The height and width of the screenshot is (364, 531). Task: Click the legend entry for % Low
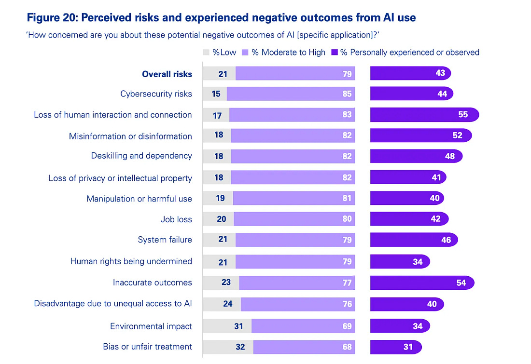(220, 52)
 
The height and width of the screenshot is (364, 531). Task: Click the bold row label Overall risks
(167, 74)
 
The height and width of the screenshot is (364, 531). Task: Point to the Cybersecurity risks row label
(156, 94)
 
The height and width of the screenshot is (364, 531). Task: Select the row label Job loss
(176, 219)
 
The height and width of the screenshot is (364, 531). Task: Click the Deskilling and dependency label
(141, 156)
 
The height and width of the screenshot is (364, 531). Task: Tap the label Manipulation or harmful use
(139, 199)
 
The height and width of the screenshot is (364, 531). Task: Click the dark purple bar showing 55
(424, 115)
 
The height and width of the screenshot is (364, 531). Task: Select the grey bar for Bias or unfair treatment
(227, 347)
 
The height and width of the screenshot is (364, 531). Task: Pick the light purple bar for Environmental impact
(303, 326)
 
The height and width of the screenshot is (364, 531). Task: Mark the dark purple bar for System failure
(413, 240)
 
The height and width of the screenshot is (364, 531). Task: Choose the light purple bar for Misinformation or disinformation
(293, 135)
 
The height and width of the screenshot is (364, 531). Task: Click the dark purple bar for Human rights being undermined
(399, 261)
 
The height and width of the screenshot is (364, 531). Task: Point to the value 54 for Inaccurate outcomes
(461, 283)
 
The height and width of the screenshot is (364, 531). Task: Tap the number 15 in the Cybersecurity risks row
(216, 94)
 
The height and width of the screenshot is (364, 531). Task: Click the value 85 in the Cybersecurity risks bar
(347, 94)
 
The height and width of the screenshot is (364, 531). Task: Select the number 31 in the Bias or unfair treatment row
(408, 347)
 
